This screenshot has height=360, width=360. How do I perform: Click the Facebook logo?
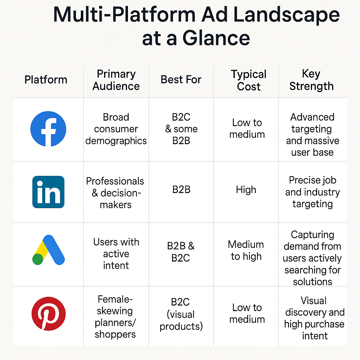point(48,129)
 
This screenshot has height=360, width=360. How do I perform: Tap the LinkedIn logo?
point(48,192)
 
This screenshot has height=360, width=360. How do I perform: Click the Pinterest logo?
point(48,313)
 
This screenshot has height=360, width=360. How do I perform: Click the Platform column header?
point(46,80)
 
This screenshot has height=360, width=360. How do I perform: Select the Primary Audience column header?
point(116,80)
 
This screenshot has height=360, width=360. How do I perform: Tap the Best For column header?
point(181,80)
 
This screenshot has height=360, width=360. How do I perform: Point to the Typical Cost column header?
point(249,81)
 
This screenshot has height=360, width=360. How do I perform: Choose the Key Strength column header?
point(311,80)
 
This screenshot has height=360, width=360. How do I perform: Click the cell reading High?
point(246,190)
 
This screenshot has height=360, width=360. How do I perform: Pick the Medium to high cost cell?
point(246,250)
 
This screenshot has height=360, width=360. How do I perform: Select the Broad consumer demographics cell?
point(116,129)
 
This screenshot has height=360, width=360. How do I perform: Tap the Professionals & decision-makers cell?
point(115,193)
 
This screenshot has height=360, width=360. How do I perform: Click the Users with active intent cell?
point(116,253)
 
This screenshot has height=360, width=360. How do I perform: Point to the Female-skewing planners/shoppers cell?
point(115,317)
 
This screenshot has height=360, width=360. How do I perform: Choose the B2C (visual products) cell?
point(181,314)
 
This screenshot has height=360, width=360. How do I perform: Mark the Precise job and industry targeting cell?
point(312,192)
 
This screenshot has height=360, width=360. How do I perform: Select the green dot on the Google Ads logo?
point(38,259)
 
